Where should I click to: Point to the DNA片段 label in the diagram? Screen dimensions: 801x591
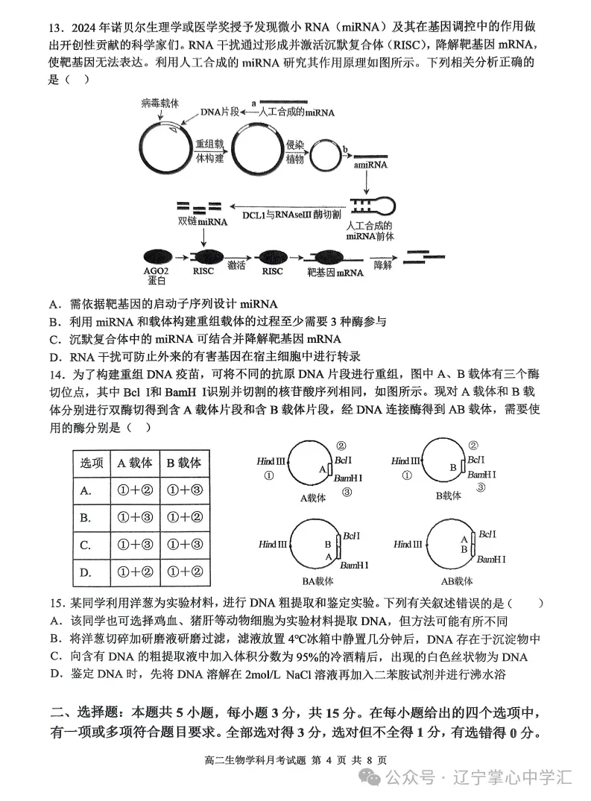pos(221,112)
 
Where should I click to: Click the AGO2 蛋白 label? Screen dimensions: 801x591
pos(157,276)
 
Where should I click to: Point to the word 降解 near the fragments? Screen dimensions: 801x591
pos(382,265)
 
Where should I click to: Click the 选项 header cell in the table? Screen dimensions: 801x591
pos(91,463)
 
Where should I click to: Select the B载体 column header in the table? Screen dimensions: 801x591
pos(182,463)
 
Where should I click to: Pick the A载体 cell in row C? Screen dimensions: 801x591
pos(136,545)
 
